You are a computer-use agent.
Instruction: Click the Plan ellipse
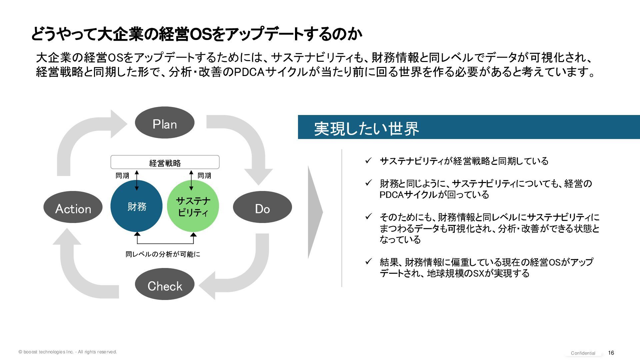click(165, 123)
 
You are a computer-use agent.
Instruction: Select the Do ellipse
click(262, 207)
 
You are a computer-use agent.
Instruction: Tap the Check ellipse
click(165, 285)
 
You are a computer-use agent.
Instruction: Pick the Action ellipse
click(73, 207)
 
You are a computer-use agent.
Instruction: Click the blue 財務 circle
click(136, 206)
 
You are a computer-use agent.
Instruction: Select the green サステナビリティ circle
click(193, 206)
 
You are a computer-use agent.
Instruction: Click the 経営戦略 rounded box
click(165, 162)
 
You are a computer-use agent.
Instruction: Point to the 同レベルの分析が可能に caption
click(163, 254)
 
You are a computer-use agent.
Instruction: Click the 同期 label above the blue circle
click(122, 176)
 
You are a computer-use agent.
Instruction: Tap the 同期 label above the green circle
click(204, 176)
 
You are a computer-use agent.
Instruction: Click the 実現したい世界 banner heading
click(366, 128)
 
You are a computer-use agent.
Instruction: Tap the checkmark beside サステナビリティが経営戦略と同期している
click(368, 161)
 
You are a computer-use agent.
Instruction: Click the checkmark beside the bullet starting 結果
click(368, 262)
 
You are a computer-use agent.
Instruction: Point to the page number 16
click(611, 353)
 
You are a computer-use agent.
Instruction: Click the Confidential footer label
click(583, 353)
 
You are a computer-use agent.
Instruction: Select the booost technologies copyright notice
click(68, 352)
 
